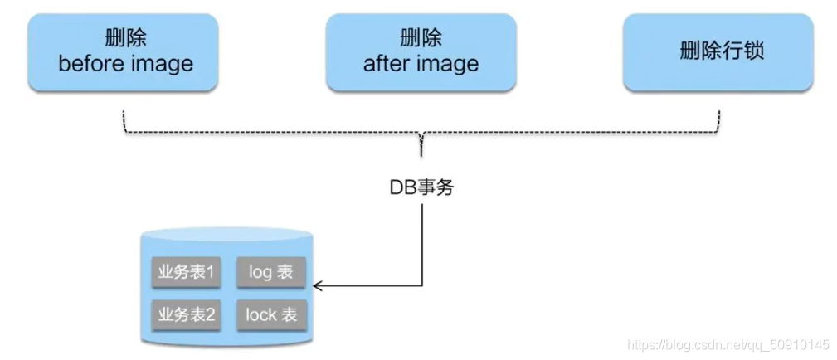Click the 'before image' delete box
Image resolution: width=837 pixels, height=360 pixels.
[x=124, y=51]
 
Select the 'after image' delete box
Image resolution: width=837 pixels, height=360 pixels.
[x=421, y=51]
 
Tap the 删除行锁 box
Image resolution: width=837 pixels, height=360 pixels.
[x=718, y=51]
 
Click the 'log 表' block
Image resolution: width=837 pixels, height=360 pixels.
[x=270, y=272]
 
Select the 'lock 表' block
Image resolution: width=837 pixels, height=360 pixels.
[x=270, y=314]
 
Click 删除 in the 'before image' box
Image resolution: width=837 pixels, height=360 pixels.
[x=124, y=37]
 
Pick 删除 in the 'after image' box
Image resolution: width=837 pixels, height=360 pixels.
[x=421, y=37]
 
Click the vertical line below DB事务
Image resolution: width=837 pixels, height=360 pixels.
[x=423, y=241]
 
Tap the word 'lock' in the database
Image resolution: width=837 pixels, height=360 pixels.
[x=260, y=314]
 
